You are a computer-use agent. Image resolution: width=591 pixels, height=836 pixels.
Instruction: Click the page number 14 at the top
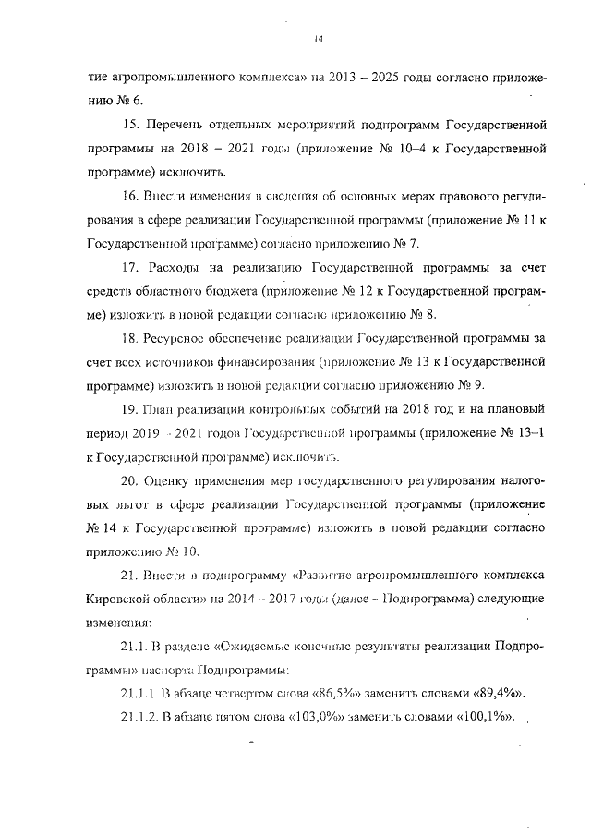pyautogui.click(x=317, y=38)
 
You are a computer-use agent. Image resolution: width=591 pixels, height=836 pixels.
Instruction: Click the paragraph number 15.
pyautogui.click(x=129, y=124)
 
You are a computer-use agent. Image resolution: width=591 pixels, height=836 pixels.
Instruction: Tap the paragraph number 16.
pyautogui.click(x=129, y=196)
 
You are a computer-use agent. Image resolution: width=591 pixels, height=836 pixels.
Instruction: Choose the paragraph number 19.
pyautogui.click(x=129, y=410)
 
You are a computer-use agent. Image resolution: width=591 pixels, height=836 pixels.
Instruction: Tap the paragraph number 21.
pyautogui.click(x=129, y=576)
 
